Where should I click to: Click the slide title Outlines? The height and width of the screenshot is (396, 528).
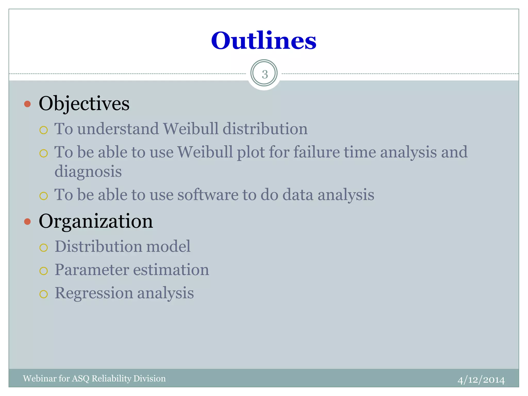(263, 41)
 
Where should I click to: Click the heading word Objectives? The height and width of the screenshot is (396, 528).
(84, 104)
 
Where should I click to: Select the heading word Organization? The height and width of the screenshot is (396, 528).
(96, 221)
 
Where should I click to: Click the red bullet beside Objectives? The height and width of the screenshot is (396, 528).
(27, 104)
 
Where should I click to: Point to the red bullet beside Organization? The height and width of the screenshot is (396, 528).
(27, 222)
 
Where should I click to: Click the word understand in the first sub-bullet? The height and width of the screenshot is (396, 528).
(118, 129)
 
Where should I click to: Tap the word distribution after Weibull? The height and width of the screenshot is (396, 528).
(265, 129)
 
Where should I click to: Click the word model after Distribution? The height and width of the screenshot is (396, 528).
(168, 247)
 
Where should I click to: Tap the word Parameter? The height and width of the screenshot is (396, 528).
(92, 270)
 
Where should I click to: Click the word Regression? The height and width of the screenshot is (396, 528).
(94, 293)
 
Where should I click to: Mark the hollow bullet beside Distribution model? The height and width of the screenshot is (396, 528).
(44, 248)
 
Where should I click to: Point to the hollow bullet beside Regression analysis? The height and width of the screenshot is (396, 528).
(44, 294)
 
